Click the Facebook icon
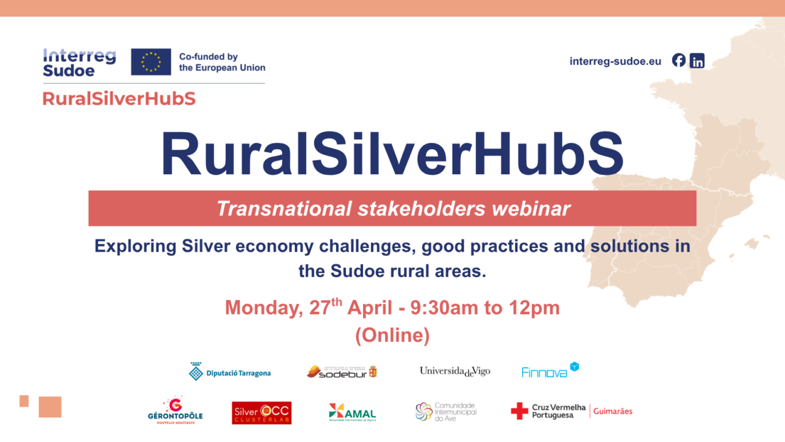pos(678,60)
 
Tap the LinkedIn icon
pos(697,61)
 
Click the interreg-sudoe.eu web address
pos(615,61)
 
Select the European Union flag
pos(151,62)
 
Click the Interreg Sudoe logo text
pos(79,63)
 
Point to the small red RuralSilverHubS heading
pos(119,98)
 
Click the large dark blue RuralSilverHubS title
pos(392,154)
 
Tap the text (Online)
pos(392,335)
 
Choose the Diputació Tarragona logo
pos(230,372)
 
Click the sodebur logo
pos(342,371)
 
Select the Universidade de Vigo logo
pos(454,371)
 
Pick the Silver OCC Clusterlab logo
pos(262,413)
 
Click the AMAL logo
pos(352,413)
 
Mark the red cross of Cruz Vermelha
pos(519,411)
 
